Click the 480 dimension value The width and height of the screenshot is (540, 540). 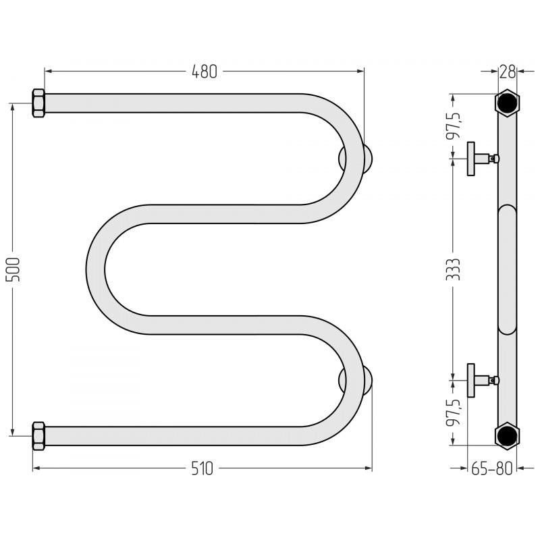pos(205,72)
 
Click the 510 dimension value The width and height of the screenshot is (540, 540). pos(202,468)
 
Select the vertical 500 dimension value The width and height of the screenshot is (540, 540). pos(13,269)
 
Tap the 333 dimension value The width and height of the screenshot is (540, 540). pos(453,269)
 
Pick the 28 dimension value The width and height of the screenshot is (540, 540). pos(508,72)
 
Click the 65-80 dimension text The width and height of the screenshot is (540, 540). pos(492,468)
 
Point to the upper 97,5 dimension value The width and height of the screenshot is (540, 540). pos(453,125)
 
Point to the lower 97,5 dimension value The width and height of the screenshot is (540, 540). pos(453,412)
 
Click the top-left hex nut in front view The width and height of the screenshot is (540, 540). pos(38,103)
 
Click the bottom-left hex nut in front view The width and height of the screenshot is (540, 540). pos(38,435)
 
